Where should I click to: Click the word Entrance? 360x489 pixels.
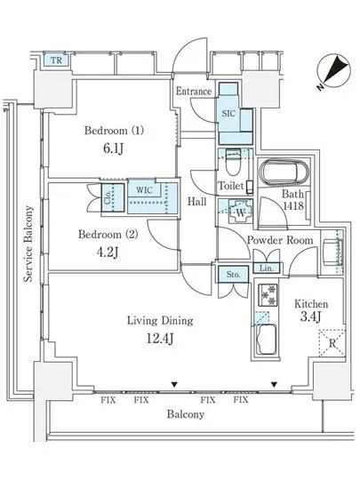[193, 92]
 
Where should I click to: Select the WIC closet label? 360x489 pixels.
[142, 189]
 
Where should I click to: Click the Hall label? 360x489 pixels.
[196, 202]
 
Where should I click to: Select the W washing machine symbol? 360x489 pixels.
[240, 212]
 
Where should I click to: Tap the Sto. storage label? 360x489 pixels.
[231, 273]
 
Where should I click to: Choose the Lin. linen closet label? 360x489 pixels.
[265, 269]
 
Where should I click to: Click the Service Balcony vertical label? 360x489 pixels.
[28, 244]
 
